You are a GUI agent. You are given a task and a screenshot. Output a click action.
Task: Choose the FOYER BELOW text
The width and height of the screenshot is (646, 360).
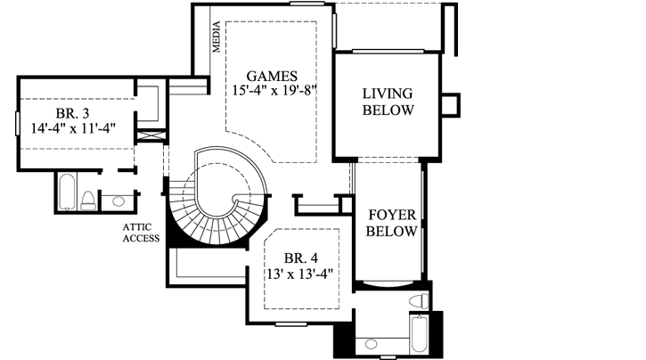click(392, 222)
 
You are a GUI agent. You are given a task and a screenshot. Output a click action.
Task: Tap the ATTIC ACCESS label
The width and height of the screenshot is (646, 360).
click(142, 233)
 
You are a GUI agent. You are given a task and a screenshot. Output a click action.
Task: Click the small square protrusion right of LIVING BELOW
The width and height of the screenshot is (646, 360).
click(452, 103)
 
